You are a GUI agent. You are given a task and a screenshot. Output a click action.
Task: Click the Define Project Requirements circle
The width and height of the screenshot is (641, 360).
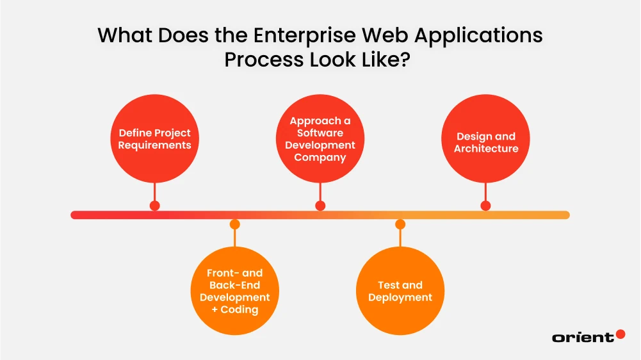point(154,138)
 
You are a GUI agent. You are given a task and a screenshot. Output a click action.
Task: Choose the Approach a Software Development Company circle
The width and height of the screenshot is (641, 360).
point(320,138)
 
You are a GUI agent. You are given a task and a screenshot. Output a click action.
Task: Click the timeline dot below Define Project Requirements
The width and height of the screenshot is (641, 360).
point(154,206)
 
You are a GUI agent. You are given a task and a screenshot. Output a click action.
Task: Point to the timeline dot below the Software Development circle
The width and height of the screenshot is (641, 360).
point(320,206)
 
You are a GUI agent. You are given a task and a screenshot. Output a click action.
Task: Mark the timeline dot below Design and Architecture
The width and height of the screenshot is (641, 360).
point(485,206)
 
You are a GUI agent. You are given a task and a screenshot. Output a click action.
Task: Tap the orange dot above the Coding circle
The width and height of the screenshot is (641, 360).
point(235,224)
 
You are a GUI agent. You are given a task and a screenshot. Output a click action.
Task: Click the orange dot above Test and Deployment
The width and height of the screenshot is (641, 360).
point(400,224)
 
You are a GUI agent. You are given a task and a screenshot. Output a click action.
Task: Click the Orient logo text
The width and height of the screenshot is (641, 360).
point(582,337)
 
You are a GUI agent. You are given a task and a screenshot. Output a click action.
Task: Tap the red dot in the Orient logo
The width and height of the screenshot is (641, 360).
point(620,334)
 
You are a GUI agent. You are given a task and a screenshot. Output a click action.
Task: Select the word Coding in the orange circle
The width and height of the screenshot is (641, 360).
point(239,309)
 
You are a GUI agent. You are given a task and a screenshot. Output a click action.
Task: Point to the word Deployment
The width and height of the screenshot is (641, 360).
point(400,297)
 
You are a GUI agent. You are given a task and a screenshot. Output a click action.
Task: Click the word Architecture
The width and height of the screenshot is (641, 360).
point(486,149)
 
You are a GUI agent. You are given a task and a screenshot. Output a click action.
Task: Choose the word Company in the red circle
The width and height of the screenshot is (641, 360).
point(320,157)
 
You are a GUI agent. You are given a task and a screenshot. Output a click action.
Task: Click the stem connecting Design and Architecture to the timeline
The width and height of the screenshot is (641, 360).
point(485,192)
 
